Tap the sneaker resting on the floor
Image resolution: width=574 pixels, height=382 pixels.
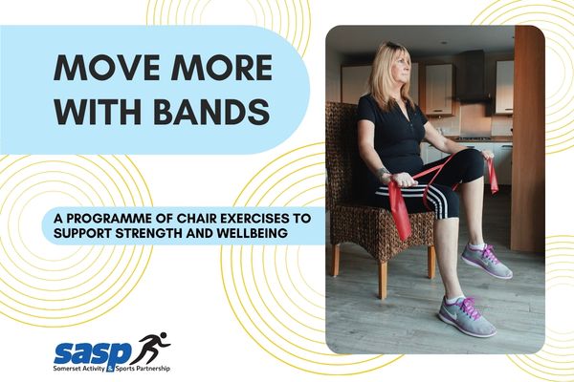466,316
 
